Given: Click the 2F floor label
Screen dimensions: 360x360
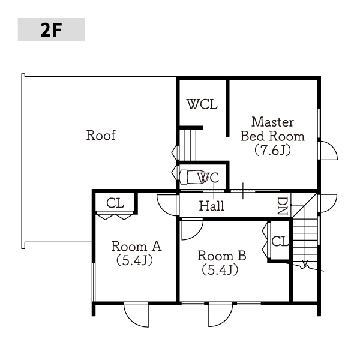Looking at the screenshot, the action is coord(51,30).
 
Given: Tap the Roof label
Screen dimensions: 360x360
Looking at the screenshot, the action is coord(101,135).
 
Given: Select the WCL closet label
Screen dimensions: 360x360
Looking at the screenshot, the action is coord(202,104).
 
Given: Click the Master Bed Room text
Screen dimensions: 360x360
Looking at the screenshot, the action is coord(272,129).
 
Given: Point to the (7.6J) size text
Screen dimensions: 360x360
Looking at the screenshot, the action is coord(272,151).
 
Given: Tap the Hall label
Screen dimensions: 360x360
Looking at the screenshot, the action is coord(211,206).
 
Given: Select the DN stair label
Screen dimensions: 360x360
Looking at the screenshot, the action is coord(283,206).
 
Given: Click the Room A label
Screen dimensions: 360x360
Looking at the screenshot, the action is coord(136,247).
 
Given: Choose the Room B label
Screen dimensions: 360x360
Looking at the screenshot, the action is coord(222,256).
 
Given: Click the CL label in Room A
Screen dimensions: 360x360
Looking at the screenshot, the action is coord(115,203).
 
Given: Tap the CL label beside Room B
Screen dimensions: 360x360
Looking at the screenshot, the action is coord(280,241).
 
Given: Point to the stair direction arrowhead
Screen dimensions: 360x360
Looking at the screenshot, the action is coord(305,264).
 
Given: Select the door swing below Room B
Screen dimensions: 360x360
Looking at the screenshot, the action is coord(226,320).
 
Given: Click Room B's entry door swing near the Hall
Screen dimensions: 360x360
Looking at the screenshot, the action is coord(197,234).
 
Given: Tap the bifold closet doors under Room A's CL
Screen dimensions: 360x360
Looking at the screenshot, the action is coord(115,215).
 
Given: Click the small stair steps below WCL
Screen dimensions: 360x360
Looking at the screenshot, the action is coord(188,145).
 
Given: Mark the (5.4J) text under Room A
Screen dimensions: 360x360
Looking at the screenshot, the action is coord(134,260).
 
